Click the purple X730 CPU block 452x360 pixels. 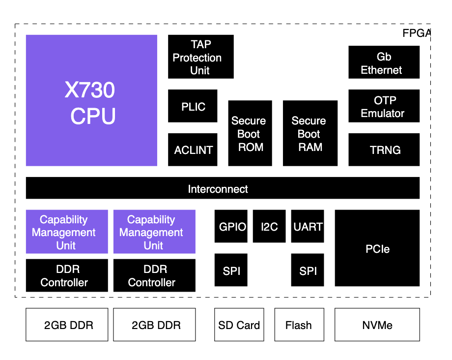coord(91,100)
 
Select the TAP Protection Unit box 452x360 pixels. coord(200,57)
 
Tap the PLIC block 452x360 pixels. coord(193,106)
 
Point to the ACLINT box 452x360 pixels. coord(193,150)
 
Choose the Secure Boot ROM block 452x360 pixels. coord(250,133)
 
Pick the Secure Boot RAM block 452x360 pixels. coord(310,133)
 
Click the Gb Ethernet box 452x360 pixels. coord(384,62)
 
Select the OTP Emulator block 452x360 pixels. coord(384,106)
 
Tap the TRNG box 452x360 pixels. coord(384,150)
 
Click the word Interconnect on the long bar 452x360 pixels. coord(218,189)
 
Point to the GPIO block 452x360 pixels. coord(231,226)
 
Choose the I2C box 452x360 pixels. coord(269,226)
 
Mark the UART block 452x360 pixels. coord(308,226)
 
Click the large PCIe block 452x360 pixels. coord(377,248)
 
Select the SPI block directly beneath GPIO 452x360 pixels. coord(231,270)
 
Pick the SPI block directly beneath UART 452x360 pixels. coord(308,270)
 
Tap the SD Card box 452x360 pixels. coord(239,325)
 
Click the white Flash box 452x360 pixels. coord(299,325)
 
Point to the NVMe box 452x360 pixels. coord(377,325)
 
